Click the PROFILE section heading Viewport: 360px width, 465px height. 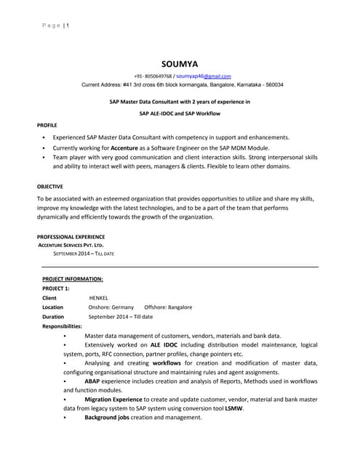47,125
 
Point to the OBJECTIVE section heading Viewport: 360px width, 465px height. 50,186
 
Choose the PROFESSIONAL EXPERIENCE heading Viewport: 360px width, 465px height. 71,236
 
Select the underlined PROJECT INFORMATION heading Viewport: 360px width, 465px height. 73,278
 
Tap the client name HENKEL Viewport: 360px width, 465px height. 98,298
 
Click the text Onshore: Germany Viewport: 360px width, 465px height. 111,307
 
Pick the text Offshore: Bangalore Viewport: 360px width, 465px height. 168,307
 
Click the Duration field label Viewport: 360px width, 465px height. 53,317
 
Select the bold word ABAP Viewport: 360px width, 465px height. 92,381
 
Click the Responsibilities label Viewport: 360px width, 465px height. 62,326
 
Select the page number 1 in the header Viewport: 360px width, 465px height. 68,27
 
